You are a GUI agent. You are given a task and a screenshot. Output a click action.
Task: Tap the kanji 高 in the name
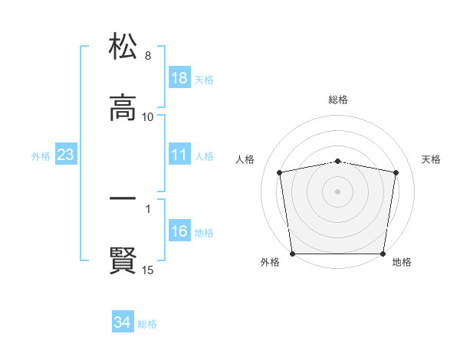tap(123, 109)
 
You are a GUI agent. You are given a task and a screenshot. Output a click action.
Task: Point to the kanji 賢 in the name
tap(123, 261)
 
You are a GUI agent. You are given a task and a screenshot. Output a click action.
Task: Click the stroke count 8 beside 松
tap(147, 56)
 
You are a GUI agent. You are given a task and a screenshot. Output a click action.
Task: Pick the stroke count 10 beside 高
tap(148, 117)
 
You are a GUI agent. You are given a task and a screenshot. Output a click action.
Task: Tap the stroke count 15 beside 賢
tap(148, 270)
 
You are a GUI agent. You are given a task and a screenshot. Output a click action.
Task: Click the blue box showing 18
tap(179, 78)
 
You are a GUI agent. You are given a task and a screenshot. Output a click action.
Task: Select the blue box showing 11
tap(179, 155)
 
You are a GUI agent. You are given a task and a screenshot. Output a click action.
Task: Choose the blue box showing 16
tap(179, 231)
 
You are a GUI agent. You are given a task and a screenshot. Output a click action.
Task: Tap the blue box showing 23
tap(66, 155)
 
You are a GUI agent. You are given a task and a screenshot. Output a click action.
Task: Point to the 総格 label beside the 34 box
tap(147, 324)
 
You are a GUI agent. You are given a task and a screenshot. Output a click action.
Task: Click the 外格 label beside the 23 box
tap(41, 155)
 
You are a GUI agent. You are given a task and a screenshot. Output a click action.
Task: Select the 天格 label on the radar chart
tap(431, 159)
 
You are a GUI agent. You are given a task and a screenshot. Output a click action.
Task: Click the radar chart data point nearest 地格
tap(383, 254)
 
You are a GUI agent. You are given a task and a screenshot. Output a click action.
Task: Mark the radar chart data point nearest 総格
tap(338, 162)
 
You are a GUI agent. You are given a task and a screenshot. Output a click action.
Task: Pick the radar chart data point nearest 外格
tap(292, 254)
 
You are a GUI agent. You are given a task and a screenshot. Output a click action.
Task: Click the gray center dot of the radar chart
tap(338, 191)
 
